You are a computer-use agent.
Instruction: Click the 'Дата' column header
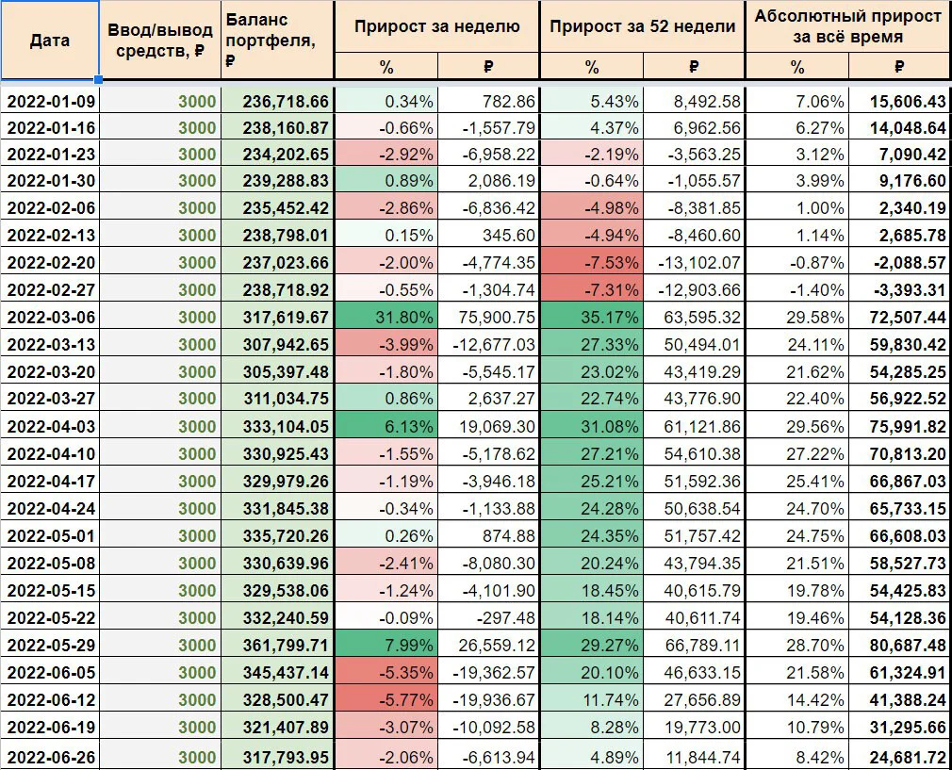pyautogui.click(x=49, y=41)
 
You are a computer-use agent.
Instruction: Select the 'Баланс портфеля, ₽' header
pyautogui.click(x=271, y=41)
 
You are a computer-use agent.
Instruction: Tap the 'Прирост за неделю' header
pyautogui.click(x=436, y=26)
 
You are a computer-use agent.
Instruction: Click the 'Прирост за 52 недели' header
pyautogui.click(x=642, y=26)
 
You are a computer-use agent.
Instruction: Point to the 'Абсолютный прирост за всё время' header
pyautogui.click(x=848, y=26)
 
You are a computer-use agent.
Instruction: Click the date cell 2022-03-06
pyautogui.click(x=51, y=318)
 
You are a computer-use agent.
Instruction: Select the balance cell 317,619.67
pyautogui.click(x=286, y=318)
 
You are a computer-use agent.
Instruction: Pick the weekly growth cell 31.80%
pyautogui.click(x=404, y=318)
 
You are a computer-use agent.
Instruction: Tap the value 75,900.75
pyautogui.click(x=496, y=318)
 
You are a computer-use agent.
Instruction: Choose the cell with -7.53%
pyautogui.click(x=612, y=263)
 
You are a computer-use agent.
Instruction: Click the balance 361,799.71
pyautogui.click(x=286, y=646)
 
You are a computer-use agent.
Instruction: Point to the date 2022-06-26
pyautogui.click(x=51, y=758)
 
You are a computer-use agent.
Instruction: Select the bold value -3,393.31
pyautogui.click(x=911, y=290)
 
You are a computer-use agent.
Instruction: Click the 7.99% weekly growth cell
pyautogui.click(x=409, y=646)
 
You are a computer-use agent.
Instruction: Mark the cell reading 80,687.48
pyautogui.click(x=908, y=646)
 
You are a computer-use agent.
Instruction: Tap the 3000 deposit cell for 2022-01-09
pyautogui.click(x=197, y=102)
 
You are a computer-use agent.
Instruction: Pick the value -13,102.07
pyautogui.click(x=699, y=263)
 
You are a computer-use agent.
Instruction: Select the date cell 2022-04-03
pyautogui.click(x=51, y=427)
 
